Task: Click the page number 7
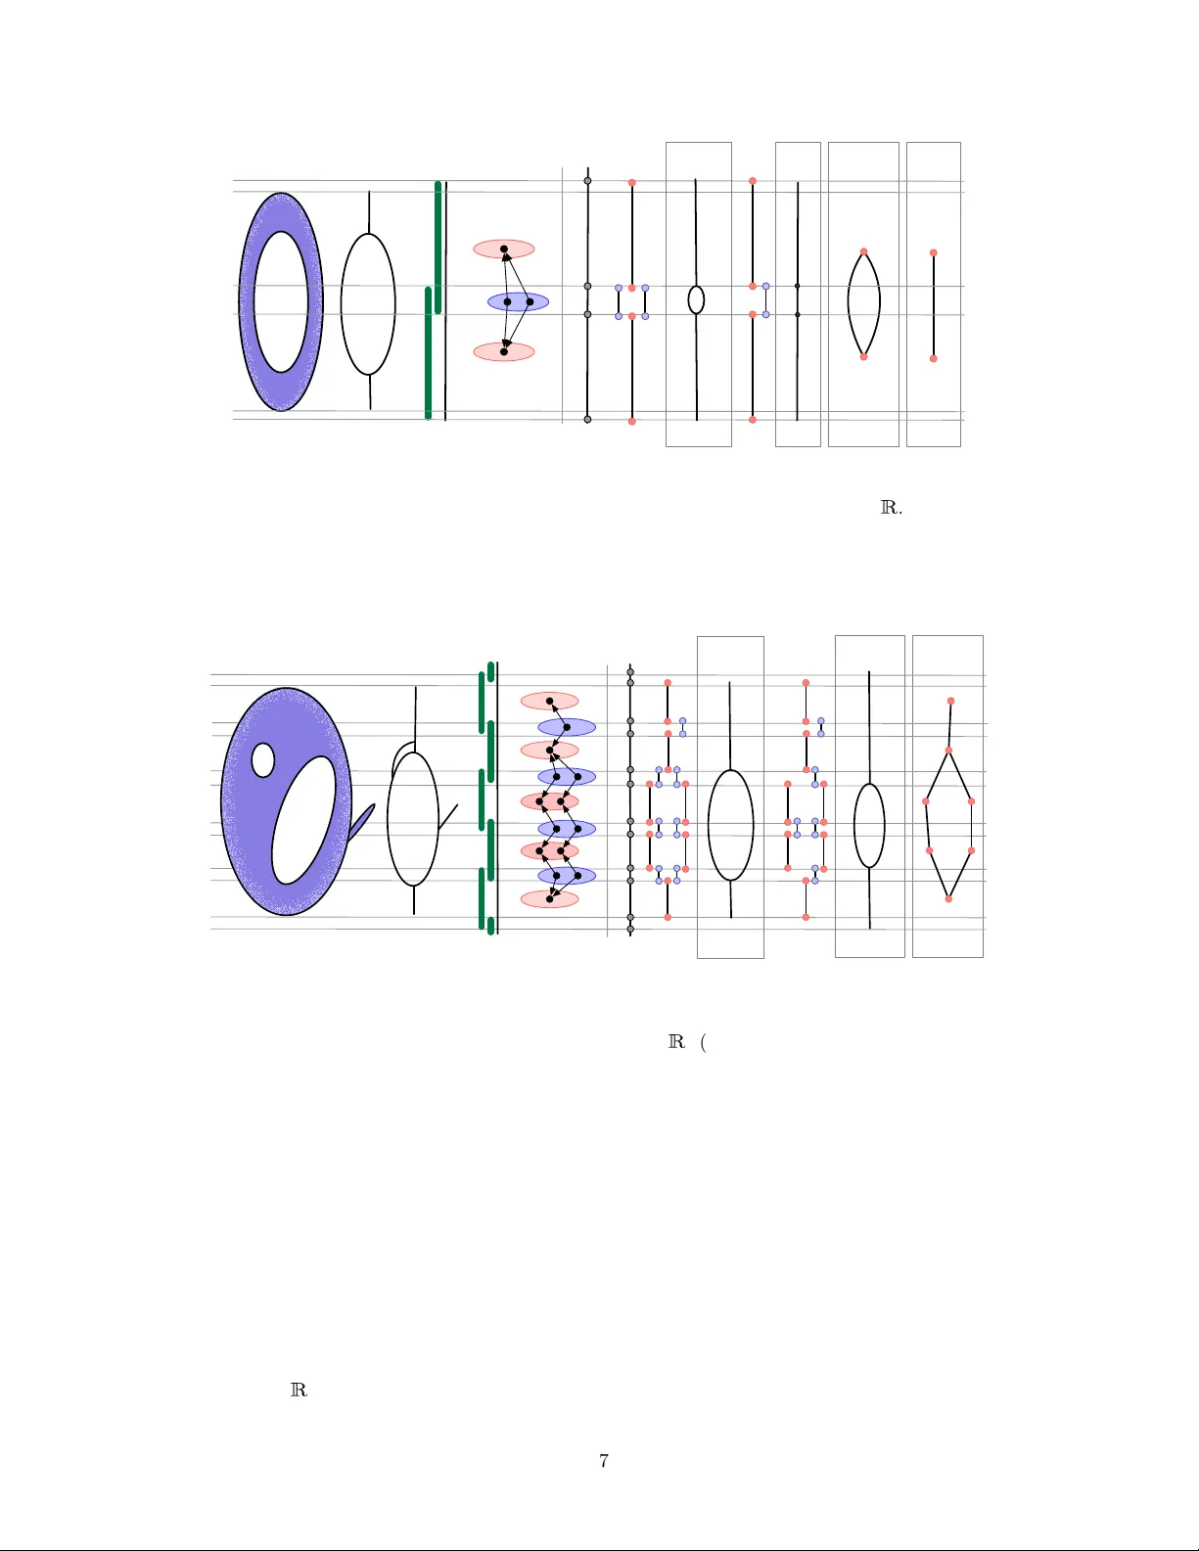[x=604, y=1460]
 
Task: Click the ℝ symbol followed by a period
[x=892, y=508]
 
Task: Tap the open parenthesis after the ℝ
[x=703, y=1042]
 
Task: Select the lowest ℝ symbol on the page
[x=300, y=1389]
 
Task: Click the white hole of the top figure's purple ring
[x=281, y=302]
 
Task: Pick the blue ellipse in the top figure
[x=518, y=302]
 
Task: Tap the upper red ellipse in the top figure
[x=504, y=250]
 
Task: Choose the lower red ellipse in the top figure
[x=504, y=352]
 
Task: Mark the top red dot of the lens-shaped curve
[x=863, y=251]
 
